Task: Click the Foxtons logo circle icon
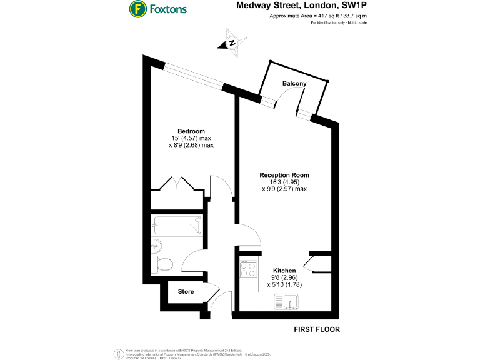[137, 9]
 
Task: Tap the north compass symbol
[231, 42]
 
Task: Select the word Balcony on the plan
[294, 84]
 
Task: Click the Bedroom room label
[191, 131]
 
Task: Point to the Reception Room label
[284, 175]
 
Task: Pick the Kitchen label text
[284, 271]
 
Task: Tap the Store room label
[186, 292]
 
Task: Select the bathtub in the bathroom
[176, 223]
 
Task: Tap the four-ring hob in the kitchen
[248, 269]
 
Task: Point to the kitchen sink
[287, 303]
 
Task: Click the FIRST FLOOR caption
[317, 329]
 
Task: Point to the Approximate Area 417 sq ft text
[318, 16]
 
